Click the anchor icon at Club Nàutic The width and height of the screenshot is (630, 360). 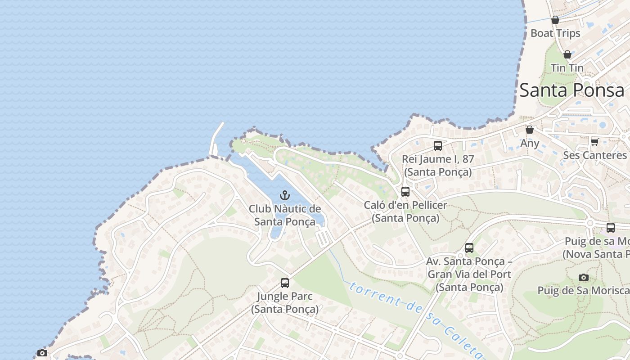(284, 195)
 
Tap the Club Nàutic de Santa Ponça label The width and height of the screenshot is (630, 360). (285, 215)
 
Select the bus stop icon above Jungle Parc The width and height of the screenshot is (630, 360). (285, 283)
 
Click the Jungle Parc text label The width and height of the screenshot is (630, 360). (284, 297)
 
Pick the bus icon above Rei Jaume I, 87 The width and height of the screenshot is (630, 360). (438, 146)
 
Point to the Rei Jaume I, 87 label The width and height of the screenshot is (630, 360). (438, 159)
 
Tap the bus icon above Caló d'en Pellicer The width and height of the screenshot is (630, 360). (405, 192)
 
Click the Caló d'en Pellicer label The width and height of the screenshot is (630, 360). (405, 205)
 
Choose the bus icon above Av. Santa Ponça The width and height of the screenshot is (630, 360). (469, 248)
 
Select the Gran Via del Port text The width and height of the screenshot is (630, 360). (469, 274)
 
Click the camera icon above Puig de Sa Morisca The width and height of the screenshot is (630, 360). (584, 277)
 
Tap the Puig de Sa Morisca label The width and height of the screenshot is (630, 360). (583, 290)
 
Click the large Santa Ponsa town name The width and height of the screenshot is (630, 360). (571, 90)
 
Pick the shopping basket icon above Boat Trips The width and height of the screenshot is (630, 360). (555, 20)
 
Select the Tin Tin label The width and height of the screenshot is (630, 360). (567, 68)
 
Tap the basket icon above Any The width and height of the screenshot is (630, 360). (530, 130)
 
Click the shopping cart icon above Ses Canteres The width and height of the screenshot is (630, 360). (594, 142)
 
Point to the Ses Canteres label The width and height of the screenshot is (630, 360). (594, 155)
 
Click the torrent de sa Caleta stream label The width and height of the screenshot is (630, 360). (414, 315)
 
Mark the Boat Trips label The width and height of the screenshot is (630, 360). (555, 33)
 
